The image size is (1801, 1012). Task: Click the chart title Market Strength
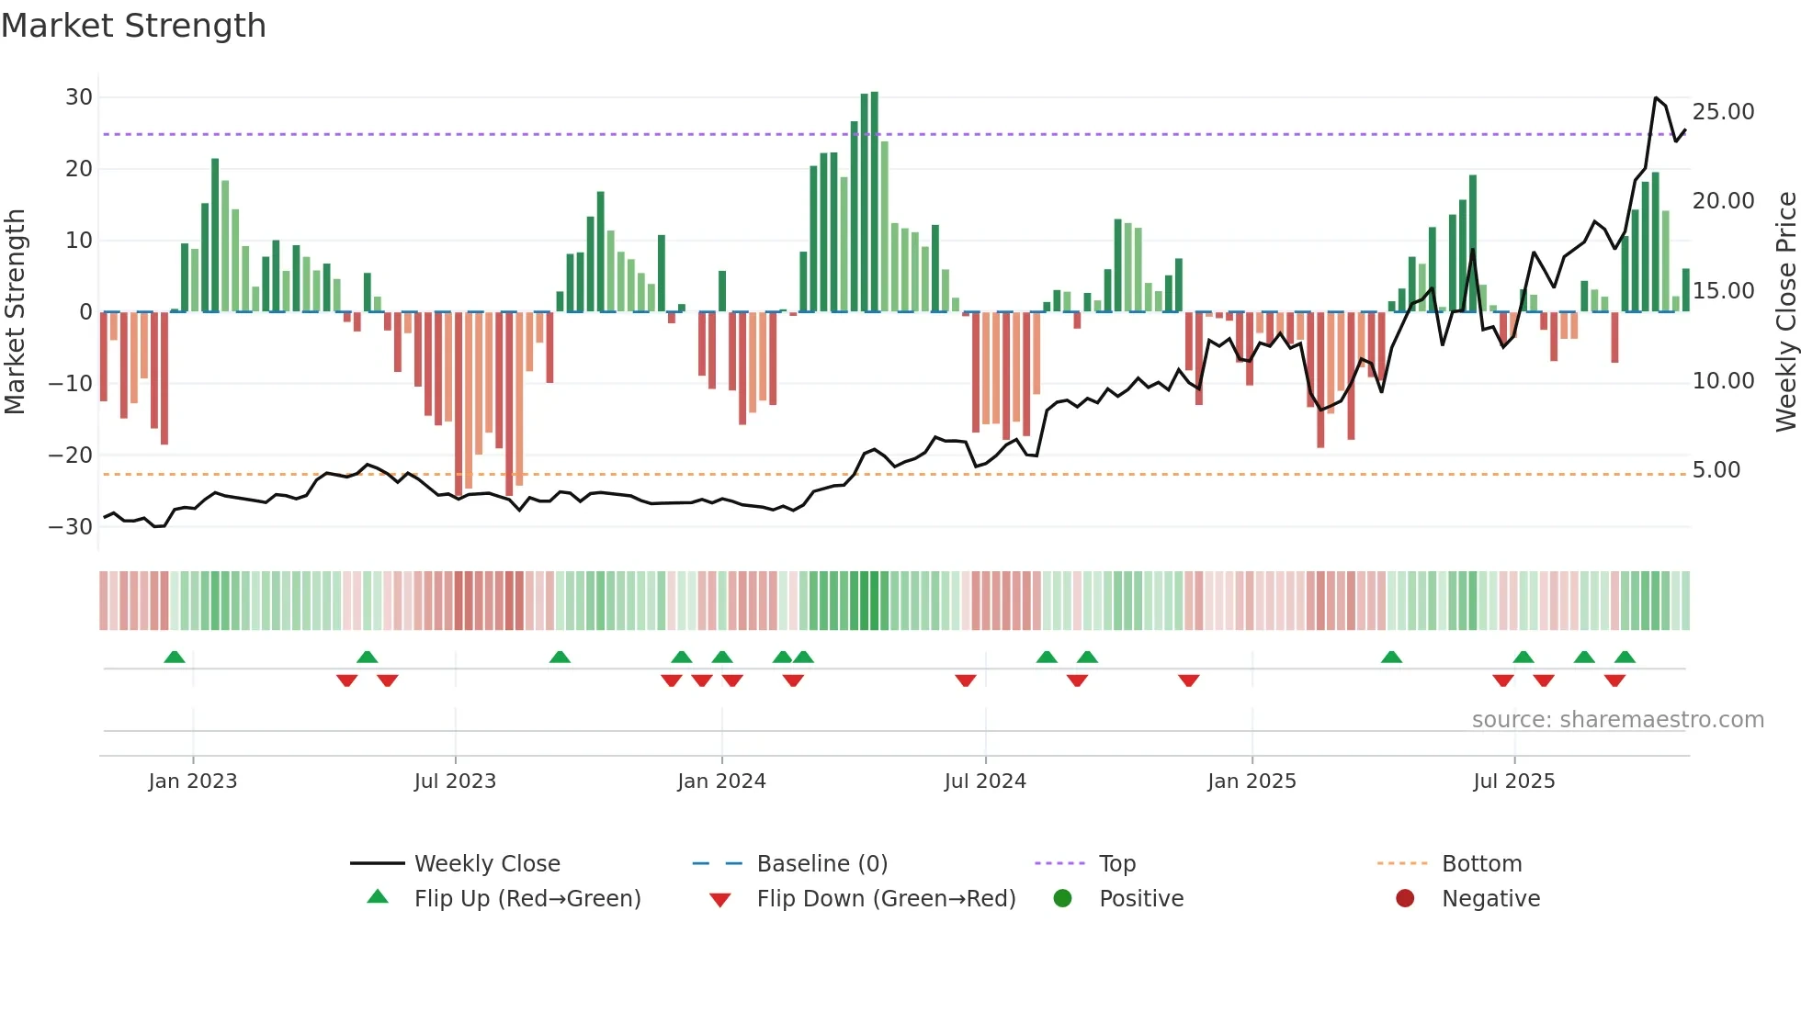pyautogui.click(x=133, y=26)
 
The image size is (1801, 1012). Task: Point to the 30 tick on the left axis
pyautogui.click(x=79, y=97)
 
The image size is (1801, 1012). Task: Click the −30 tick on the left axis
pyautogui.click(x=71, y=527)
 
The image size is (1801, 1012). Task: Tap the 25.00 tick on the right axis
pyautogui.click(x=1723, y=112)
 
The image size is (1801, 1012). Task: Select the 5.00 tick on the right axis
pyautogui.click(x=1716, y=470)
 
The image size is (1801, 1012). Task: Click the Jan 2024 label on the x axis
pyautogui.click(x=721, y=781)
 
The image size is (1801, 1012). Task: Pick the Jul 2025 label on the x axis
pyautogui.click(x=1513, y=781)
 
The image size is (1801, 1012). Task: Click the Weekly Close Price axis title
pyautogui.click(x=1785, y=312)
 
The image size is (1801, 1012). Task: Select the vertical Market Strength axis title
pyautogui.click(x=15, y=312)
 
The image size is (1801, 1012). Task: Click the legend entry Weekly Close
pyautogui.click(x=486, y=864)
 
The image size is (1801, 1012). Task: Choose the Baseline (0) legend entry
pyautogui.click(x=821, y=864)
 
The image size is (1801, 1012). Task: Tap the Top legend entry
pyautogui.click(x=1116, y=864)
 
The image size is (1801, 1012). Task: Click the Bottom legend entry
pyautogui.click(x=1481, y=864)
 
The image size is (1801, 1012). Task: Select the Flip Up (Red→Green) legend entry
pyautogui.click(x=527, y=899)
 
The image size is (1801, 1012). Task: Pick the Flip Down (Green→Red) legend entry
pyautogui.click(x=886, y=899)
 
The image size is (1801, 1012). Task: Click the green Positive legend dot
pyautogui.click(x=1062, y=899)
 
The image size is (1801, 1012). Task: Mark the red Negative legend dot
pyautogui.click(x=1405, y=899)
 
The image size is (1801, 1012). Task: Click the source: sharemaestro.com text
pyautogui.click(x=1617, y=720)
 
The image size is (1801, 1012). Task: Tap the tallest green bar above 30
pyautogui.click(x=874, y=202)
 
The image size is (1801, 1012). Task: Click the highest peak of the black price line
pyautogui.click(x=1655, y=98)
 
